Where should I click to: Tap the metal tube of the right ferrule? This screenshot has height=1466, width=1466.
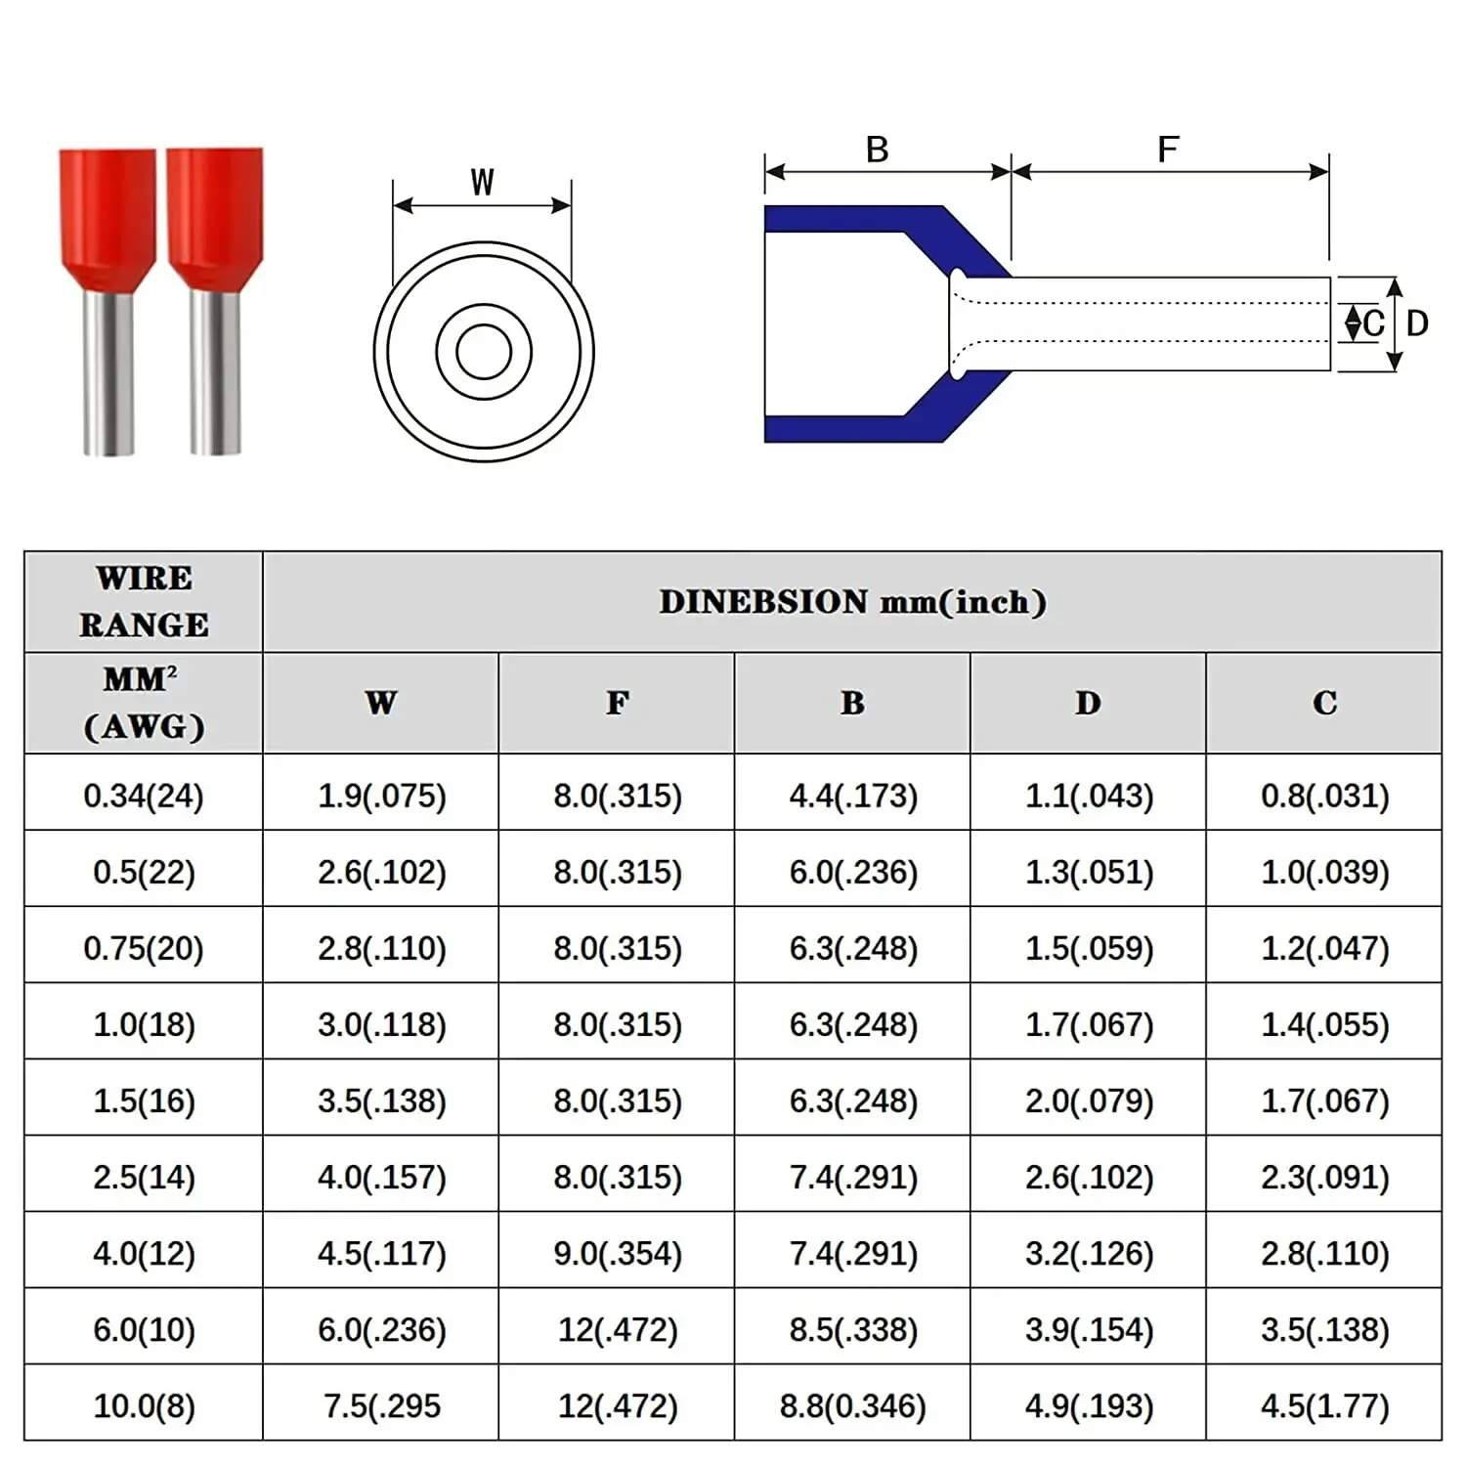215,371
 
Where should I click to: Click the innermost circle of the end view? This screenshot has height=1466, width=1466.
484,352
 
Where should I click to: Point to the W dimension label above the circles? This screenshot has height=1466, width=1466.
482,183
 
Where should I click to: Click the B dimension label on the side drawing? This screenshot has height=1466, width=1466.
877,150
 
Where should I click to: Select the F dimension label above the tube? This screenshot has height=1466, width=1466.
1167,150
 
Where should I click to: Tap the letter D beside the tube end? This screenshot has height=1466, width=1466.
1417,323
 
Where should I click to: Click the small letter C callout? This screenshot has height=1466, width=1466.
1373,323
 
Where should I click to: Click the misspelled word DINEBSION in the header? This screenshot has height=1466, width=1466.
763,602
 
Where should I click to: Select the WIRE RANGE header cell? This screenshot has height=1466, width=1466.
144,601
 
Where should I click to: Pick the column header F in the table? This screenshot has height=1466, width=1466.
617,703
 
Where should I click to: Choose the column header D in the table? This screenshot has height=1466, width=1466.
1088,703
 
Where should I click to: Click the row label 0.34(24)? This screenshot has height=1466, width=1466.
144,796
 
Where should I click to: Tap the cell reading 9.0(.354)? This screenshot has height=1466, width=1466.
617,1253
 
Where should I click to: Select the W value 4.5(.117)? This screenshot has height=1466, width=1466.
381,1253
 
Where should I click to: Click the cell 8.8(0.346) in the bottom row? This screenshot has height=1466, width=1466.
852,1405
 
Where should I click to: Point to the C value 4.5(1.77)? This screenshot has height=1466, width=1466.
1324,1405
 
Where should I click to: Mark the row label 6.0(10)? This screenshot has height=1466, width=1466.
144,1329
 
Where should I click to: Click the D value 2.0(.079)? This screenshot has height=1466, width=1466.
1089,1100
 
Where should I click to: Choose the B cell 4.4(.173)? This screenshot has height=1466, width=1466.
853,796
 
